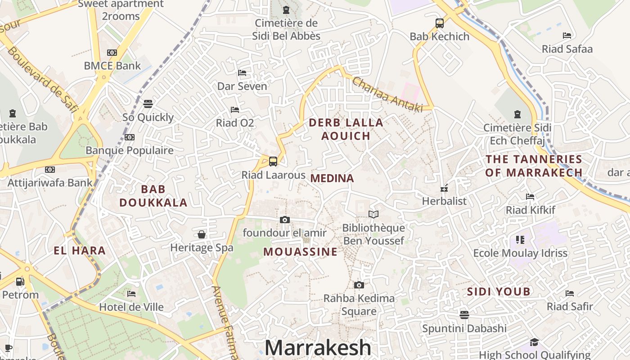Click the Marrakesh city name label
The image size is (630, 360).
point(318,348)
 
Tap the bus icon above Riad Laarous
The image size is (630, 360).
point(273,161)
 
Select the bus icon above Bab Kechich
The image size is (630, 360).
point(439,23)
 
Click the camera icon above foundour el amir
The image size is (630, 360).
point(284,220)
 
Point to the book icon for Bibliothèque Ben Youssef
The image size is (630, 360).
point(373,214)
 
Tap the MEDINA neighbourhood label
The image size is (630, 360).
point(332,178)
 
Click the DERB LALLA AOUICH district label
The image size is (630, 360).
point(346,129)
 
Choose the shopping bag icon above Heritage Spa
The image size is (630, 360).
point(202,234)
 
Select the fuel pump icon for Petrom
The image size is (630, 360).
point(20,282)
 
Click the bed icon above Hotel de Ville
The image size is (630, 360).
point(131,294)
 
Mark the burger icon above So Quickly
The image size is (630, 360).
point(148,104)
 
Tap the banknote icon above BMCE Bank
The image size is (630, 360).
point(112,53)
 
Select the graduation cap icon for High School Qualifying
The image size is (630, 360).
point(534,342)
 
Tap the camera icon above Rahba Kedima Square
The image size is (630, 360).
point(359,285)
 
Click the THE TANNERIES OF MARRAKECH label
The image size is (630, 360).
point(534,166)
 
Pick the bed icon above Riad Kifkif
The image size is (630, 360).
point(530,197)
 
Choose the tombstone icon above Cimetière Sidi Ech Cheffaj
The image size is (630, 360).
point(517,114)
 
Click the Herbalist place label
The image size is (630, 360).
point(444,201)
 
